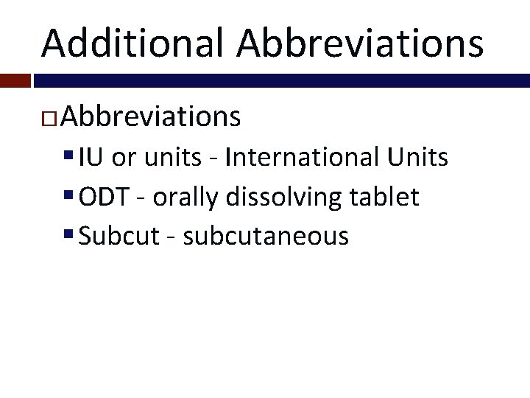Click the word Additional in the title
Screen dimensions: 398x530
point(132,42)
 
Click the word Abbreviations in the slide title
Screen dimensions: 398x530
point(361,42)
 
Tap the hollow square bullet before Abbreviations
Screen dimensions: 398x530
point(52,118)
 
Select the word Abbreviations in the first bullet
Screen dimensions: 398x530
point(151,116)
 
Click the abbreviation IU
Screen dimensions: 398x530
point(91,157)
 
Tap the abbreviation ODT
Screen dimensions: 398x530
point(103,197)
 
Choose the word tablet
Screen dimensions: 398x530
point(390,197)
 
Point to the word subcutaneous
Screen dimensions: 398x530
point(266,237)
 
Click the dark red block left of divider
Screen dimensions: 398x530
point(15,80)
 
